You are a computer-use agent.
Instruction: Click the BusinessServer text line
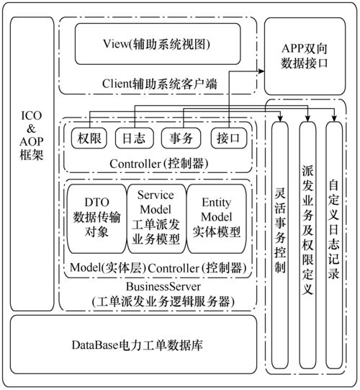[x=159, y=285]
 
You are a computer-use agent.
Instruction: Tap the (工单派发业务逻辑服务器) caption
[x=159, y=301]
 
